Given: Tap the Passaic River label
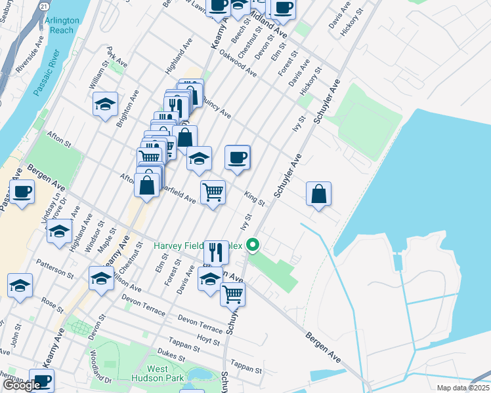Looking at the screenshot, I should tap(47, 72).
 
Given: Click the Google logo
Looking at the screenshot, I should tap(21, 385).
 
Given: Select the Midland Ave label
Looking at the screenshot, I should tap(268, 25).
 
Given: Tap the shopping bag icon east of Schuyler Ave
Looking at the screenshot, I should tap(318, 194).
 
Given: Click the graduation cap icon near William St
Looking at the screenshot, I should tap(105, 105).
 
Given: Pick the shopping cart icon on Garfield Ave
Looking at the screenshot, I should tap(213, 193).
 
